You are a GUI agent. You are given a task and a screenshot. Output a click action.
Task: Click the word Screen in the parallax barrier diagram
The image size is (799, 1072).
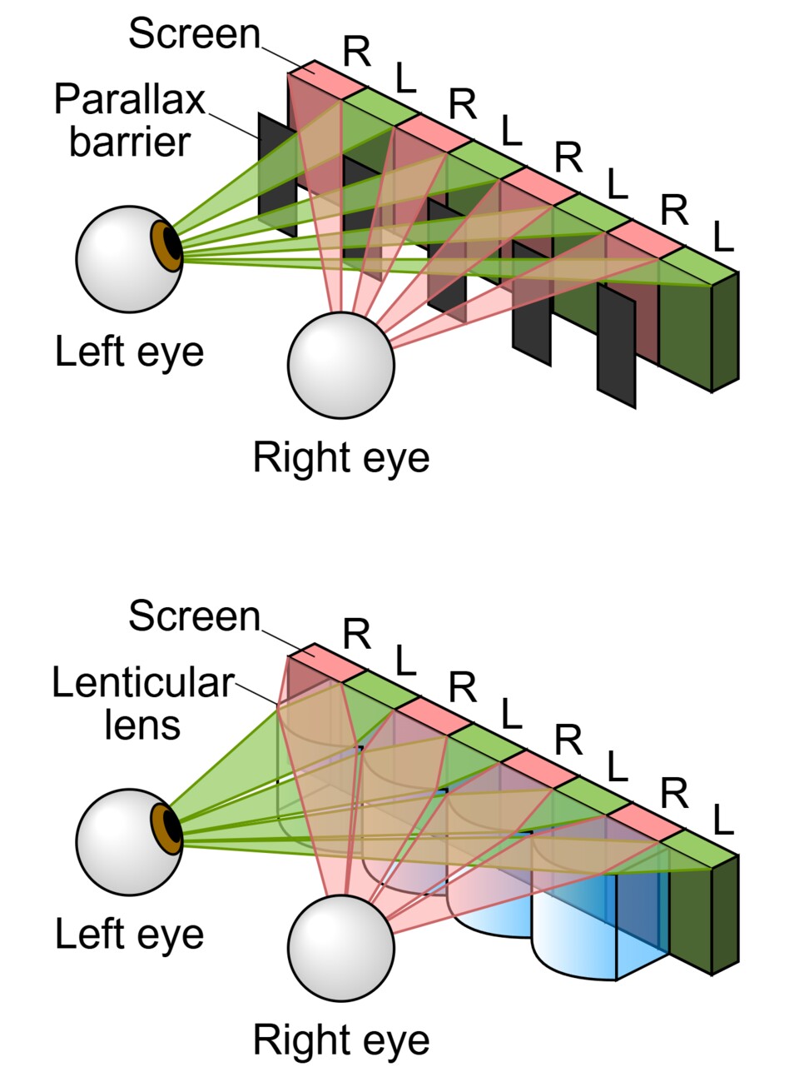(x=194, y=34)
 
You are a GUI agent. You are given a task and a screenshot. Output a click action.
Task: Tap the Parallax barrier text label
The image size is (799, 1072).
(x=129, y=121)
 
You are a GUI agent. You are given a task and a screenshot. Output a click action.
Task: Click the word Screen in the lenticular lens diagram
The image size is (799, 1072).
(x=194, y=616)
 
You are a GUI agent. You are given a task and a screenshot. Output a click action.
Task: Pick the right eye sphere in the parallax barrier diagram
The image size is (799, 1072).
(x=340, y=365)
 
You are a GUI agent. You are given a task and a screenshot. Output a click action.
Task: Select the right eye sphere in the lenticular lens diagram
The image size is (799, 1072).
(x=340, y=947)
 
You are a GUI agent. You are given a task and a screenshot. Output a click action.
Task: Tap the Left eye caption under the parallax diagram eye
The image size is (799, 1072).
(x=129, y=352)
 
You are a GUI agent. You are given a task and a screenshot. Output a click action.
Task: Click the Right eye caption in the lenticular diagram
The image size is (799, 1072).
(x=340, y=1040)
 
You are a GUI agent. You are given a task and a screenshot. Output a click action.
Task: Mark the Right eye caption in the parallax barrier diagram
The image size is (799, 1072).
(x=340, y=458)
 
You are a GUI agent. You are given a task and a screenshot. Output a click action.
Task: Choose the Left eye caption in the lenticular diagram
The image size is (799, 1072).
(x=129, y=934)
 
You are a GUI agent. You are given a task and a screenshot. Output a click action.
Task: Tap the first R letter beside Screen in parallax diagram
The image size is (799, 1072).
(x=356, y=52)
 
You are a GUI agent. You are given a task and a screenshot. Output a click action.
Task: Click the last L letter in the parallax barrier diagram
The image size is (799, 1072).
(x=722, y=238)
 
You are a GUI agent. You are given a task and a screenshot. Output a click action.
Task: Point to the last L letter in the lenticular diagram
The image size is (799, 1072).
(x=722, y=821)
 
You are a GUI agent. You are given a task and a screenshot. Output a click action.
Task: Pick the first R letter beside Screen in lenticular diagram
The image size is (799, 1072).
(x=356, y=635)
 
